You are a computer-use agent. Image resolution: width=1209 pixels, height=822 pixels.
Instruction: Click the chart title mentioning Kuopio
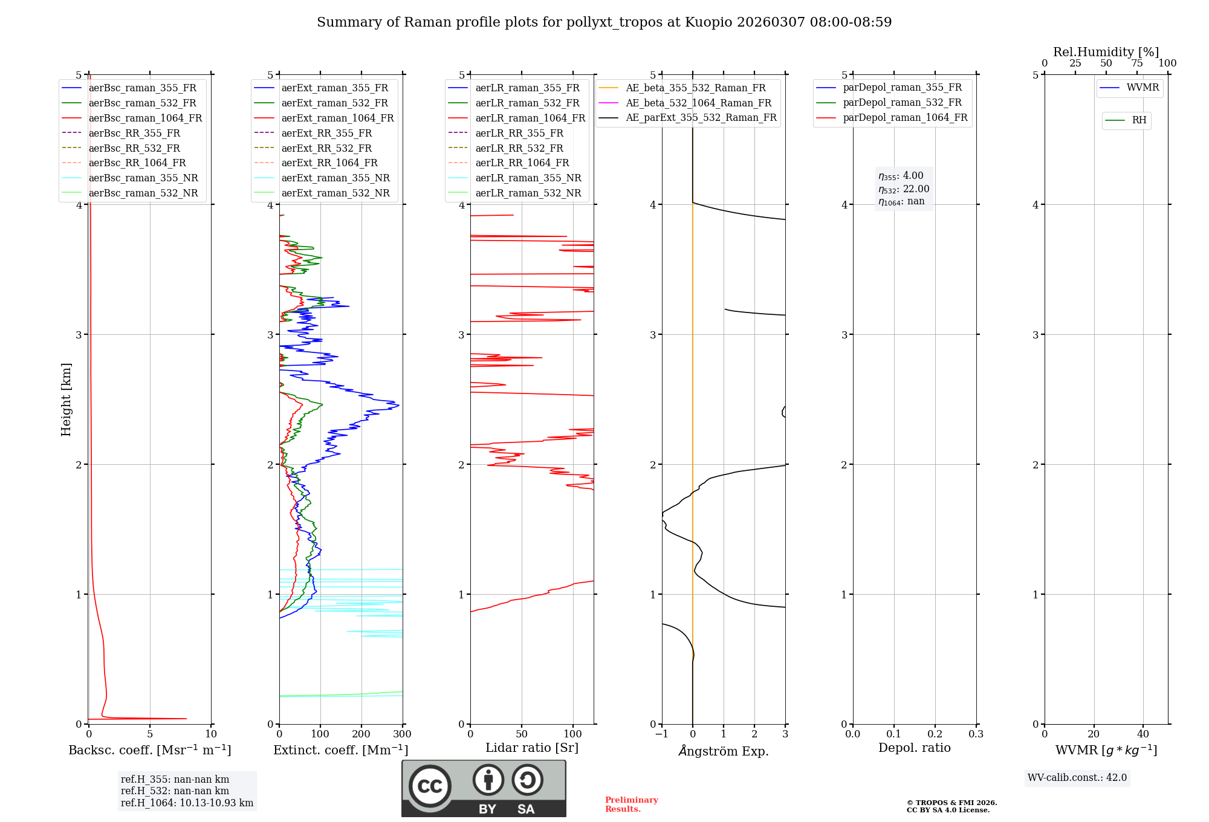click(x=604, y=22)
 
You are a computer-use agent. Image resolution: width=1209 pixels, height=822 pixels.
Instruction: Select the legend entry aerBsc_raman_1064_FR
click(x=145, y=118)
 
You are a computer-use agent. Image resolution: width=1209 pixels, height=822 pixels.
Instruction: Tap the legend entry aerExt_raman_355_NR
click(x=335, y=178)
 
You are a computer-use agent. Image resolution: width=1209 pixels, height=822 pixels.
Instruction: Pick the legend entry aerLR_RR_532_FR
click(x=519, y=148)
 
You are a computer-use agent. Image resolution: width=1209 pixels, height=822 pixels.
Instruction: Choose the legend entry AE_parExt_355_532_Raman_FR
click(x=701, y=117)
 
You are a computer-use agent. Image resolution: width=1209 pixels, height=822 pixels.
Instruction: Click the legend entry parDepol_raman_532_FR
click(x=902, y=103)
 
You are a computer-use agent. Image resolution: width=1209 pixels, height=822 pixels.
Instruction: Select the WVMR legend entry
click(x=1143, y=88)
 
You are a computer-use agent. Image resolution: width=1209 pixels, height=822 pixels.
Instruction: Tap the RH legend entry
click(x=1139, y=120)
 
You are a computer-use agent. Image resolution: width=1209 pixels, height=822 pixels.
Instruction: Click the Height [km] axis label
click(x=66, y=400)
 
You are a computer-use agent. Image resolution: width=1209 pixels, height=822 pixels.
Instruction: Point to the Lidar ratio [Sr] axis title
click(x=532, y=748)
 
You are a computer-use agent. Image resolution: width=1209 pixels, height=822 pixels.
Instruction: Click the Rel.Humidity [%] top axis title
click(x=1106, y=52)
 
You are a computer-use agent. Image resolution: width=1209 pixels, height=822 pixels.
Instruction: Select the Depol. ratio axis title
click(x=914, y=748)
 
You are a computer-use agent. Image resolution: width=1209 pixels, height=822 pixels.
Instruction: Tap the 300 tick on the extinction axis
click(x=402, y=734)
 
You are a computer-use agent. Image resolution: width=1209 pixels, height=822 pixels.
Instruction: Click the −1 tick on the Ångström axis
click(x=661, y=734)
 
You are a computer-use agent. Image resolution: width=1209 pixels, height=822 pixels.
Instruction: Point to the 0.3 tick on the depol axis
click(x=976, y=734)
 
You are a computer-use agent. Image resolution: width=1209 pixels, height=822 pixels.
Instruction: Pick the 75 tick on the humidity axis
click(x=1136, y=63)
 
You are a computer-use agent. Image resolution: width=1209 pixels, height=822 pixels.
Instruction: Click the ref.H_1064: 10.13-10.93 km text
click(x=187, y=803)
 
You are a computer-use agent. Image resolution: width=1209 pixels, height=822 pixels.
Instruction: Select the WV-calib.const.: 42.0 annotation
click(x=1077, y=777)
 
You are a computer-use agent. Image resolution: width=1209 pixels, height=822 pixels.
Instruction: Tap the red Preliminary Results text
click(x=631, y=804)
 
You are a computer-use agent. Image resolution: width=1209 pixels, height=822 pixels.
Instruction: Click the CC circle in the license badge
click(x=430, y=786)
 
